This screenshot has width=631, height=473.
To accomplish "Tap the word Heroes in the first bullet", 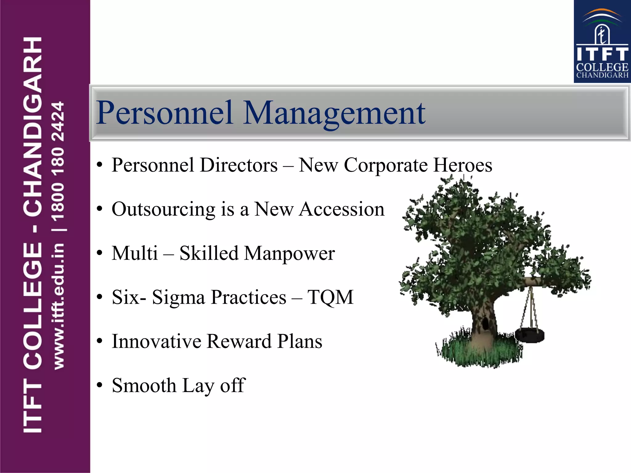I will [x=463, y=165].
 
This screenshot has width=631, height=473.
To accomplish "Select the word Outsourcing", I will [x=163, y=209].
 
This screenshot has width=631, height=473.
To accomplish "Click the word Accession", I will [x=342, y=209].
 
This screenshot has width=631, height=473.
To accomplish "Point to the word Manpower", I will [x=289, y=254].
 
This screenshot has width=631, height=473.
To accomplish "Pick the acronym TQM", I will [x=330, y=297].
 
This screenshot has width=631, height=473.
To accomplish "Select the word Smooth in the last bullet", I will [x=144, y=386].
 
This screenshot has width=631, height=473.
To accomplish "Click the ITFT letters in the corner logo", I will [x=602, y=54].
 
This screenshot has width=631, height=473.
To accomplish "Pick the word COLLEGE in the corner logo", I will [x=602, y=67].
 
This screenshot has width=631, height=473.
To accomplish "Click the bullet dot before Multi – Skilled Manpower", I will [x=99, y=253].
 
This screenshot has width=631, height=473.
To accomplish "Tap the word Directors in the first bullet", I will [x=239, y=165].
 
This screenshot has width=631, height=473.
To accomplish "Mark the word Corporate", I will [x=385, y=165].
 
